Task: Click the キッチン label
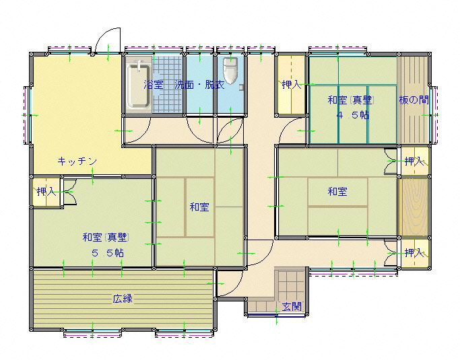(77, 161)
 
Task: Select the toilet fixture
(230, 71)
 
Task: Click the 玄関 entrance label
(292, 307)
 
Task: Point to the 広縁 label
(123, 299)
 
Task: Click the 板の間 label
(414, 100)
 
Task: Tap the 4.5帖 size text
(353, 115)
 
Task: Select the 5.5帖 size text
(107, 252)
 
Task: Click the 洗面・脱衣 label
(199, 85)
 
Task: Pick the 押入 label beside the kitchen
(46, 192)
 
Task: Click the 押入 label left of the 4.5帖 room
(292, 85)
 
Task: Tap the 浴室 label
(153, 85)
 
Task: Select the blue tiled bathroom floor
(168, 84)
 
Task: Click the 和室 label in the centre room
(199, 207)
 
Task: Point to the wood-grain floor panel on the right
(414, 207)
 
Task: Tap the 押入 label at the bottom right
(414, 252)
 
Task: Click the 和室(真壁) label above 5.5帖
(106, 237)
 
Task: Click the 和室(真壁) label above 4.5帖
(350, 100)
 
